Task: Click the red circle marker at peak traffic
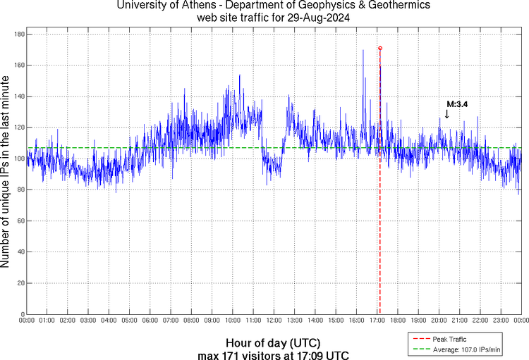click(x=380, y=48)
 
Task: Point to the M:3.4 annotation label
click(x=457, y=104)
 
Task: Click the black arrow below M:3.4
click(x=446, y=113)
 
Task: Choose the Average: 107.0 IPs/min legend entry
click(x=466, y=349)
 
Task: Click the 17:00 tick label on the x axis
click(x=377, y=321)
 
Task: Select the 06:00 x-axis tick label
click(x=150, y=321)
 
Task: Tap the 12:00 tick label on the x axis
click(x=274, y=321)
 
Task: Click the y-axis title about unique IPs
click(x=6, y=174)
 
